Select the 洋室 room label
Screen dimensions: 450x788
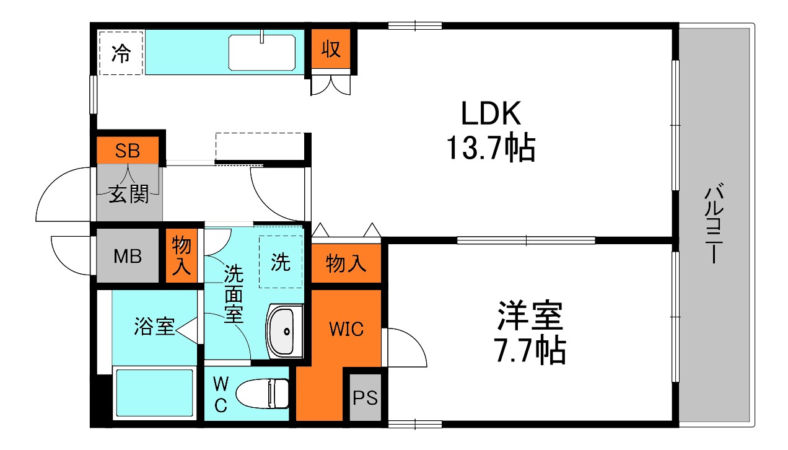point(530,317)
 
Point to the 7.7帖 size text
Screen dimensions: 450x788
point(530,350)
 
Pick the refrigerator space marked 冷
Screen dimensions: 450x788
point(121,53)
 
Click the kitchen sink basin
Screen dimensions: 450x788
point(262,53)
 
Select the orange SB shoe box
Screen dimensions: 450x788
point(128,151)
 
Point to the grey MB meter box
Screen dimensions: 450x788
point(128,256)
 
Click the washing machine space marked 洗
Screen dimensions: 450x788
point(281,262)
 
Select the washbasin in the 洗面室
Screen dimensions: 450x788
point(285,331)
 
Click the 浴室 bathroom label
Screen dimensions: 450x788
point(154,327)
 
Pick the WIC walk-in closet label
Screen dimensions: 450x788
point(346,329)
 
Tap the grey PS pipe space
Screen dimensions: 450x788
point(365,397)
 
